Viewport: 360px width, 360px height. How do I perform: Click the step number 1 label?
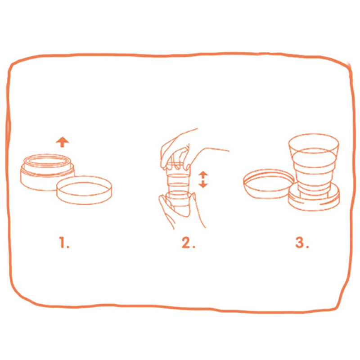point(64,243)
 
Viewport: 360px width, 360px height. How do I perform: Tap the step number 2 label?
point(189,243)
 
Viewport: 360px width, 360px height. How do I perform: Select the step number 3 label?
point(302,243)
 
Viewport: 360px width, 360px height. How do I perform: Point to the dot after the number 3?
point(307,247)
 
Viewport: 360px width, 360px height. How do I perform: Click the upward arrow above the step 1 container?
point(62,142)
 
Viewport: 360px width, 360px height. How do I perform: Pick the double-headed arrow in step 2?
point(203,180)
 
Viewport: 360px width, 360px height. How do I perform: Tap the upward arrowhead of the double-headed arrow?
point(203,173)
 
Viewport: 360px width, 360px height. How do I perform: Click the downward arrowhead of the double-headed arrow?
point(203,185)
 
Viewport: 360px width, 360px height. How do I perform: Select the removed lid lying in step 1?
point(84,190)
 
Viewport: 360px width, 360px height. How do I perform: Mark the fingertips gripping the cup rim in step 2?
point(177,166)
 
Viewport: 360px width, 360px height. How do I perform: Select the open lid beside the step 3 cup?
point(268,184)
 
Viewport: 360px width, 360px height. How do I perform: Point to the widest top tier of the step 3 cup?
point(314,147)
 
